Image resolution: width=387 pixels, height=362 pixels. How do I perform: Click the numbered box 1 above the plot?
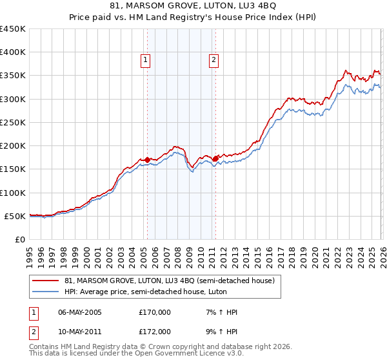(146, 60)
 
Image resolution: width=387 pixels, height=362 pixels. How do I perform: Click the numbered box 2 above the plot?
(213, 60)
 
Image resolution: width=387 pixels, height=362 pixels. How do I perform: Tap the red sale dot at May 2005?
(147, 160)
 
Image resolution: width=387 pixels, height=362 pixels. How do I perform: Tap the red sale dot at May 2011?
(215, 158)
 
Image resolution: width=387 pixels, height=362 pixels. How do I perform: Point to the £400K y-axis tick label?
(13, 52)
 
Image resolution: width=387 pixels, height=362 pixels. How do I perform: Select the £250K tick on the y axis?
(13, 122)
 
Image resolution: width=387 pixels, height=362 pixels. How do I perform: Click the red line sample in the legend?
(46, 281)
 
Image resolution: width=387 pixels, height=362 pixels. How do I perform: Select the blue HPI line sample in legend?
(46, 292)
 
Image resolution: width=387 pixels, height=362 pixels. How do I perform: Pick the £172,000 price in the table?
(155, 331)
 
